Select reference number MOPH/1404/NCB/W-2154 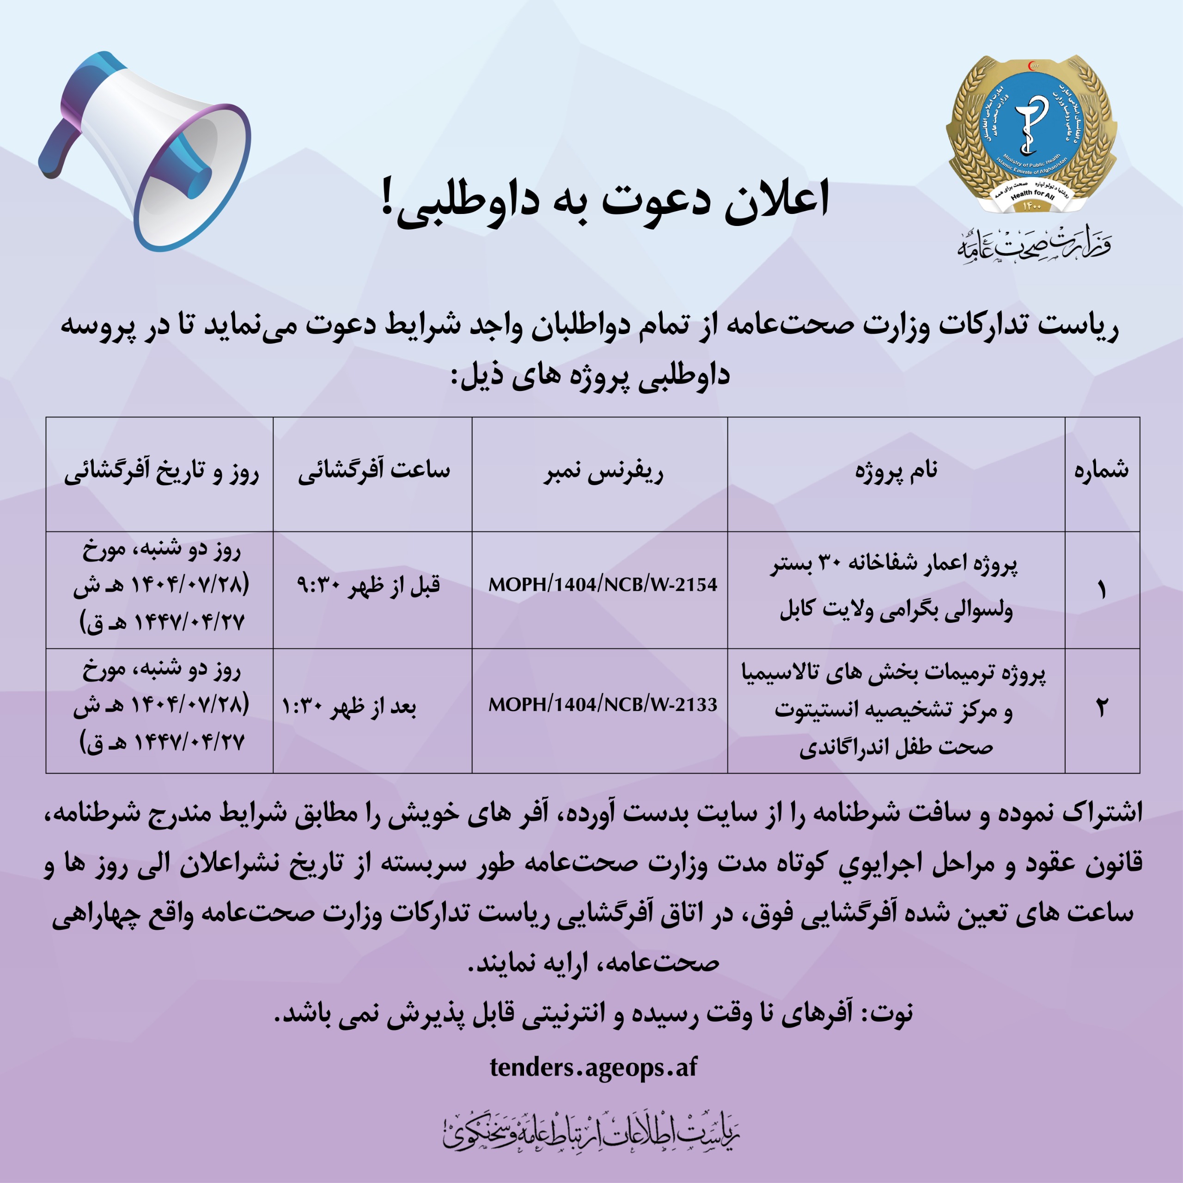pyautogui.click(x=603, y=585)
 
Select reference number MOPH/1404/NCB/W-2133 pyautogui.click(x=603, y=705)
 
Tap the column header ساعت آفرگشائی pyautogui.click(x=373, y=471)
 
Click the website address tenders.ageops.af pyautogui.click(x=593, y=1067)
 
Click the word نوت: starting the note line pyautogui.click(x=891, y=1013)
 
